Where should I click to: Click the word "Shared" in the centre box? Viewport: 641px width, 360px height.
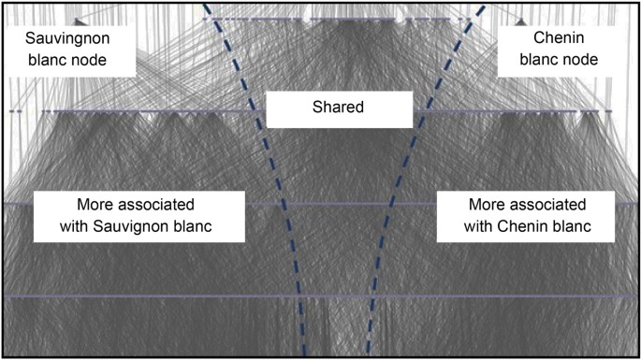point(338,108)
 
